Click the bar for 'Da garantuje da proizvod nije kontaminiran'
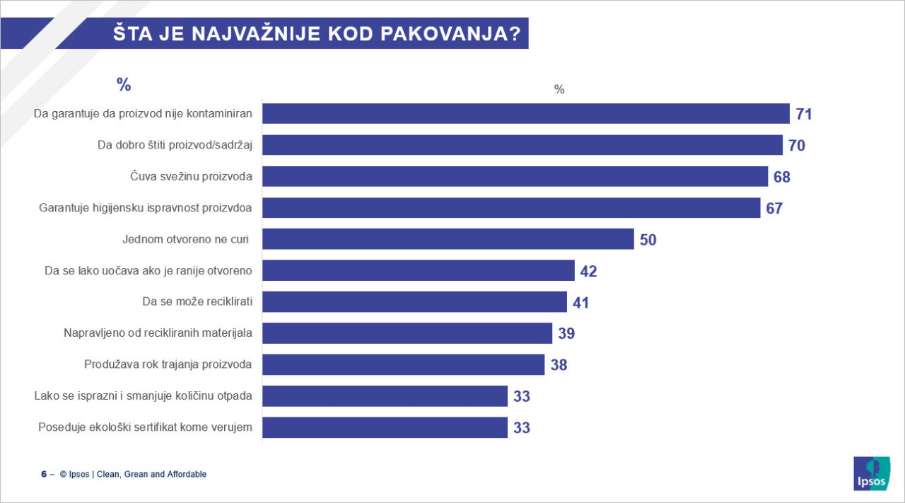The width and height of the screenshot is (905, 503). (526, 114)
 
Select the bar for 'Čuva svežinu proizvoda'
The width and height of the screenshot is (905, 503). (515, 176)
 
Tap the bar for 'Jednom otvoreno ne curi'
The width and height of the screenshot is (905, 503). (448, 239)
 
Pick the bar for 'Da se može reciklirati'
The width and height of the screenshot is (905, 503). (414, 302)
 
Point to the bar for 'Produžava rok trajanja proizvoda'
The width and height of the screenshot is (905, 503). (404, 364)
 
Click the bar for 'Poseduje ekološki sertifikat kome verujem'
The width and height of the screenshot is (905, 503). (385, 427)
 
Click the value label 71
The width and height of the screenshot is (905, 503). (804, 115)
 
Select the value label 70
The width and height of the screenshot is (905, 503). (797, 146)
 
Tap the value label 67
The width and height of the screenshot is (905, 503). (774, 209)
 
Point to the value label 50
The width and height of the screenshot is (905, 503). (648, 240)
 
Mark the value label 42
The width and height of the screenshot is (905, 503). (588, 271)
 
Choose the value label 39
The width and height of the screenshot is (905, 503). (566, 334)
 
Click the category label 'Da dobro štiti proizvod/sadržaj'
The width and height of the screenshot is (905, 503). (175, 145)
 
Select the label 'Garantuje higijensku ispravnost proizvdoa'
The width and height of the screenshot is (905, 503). (146, 208)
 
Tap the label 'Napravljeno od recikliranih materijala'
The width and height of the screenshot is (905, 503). (158, 333)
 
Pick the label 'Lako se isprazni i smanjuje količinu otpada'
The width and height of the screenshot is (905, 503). (143, 395)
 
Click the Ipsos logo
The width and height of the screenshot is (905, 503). (871, 473)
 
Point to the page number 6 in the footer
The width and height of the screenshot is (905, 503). (44, 474)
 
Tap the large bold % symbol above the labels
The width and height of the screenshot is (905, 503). (124, 85)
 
